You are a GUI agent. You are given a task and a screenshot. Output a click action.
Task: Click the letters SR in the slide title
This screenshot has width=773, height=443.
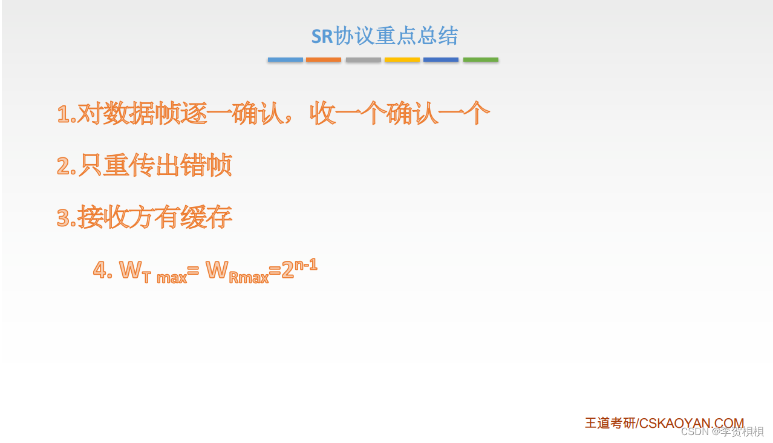(x=322, y=36)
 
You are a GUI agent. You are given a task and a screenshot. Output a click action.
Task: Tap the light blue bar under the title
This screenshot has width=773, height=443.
(x=285, y=60)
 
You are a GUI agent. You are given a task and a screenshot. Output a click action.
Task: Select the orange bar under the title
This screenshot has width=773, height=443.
(x=324, y=60)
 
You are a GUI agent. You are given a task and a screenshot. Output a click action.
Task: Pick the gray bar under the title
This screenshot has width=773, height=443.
(x=364, y=60)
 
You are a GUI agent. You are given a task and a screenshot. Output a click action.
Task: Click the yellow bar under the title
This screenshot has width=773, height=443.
(x=402, y=60)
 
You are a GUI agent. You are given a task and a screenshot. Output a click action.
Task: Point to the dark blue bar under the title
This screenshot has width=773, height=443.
(x=441, y=60)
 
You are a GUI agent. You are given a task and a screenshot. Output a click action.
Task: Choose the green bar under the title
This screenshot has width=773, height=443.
(x=481, y=60)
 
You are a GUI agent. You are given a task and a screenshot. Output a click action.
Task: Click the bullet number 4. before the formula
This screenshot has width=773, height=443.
(x=102, y=269)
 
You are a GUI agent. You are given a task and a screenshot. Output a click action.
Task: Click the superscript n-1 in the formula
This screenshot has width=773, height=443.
(x=306, y=265)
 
